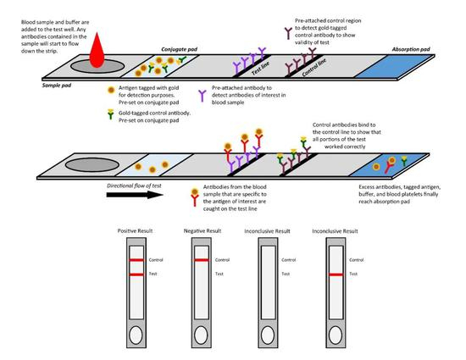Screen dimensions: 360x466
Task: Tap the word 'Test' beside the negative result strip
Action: pyautogui.click(x=220, y=274)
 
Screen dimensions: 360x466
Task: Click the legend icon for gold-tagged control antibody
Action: pyautogui.click(x=112, y=114)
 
